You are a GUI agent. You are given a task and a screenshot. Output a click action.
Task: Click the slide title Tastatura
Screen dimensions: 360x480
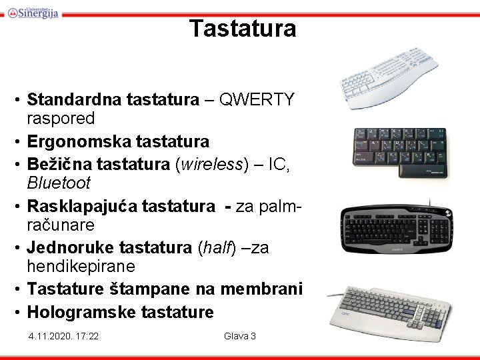pos(242,29)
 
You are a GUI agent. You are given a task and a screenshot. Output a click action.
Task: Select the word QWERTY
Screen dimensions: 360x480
pos(257,100)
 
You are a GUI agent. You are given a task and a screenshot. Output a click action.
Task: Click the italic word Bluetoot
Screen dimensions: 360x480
pos(59,183)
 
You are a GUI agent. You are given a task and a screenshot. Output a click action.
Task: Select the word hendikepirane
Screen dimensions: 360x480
pos(81,267)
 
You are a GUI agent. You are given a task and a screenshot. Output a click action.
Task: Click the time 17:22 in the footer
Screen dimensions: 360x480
pos(88,336)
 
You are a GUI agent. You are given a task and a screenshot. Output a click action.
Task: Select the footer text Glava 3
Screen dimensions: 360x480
pos(240,336)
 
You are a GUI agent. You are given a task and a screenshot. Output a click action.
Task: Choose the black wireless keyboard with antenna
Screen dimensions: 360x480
pos(396,230)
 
